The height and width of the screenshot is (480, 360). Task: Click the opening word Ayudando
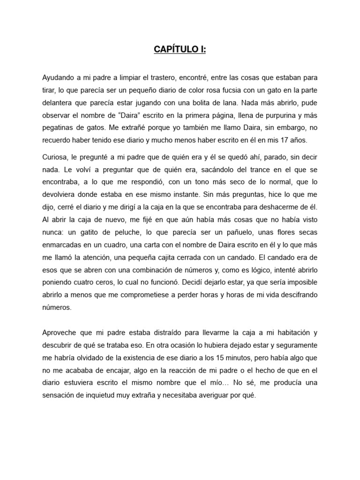(x=59, y=77)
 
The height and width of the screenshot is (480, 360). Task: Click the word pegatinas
(x=59, y=127)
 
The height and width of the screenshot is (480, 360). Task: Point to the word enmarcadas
(x=64, y=245)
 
